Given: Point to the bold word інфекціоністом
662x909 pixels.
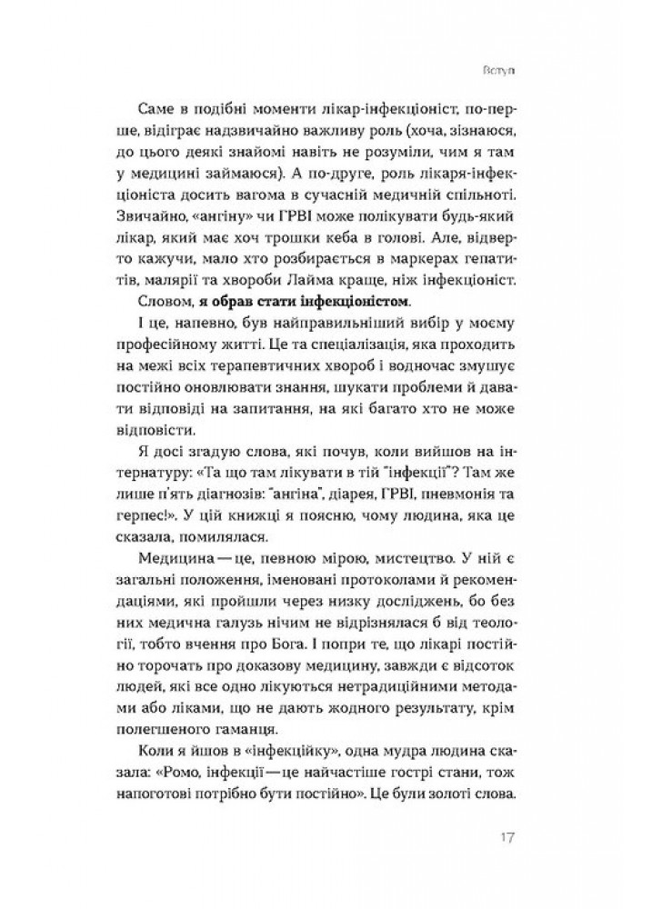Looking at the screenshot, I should [354, 299].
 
